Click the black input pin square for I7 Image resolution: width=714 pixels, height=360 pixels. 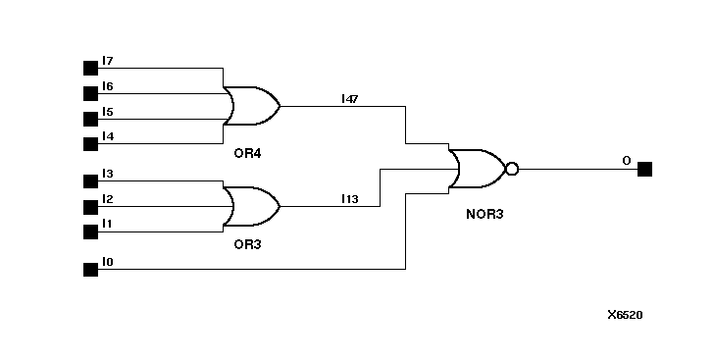90,69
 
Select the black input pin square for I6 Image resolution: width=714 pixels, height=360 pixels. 90,94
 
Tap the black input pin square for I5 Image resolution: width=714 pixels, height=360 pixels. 90,120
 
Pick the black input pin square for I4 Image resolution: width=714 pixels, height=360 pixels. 90,144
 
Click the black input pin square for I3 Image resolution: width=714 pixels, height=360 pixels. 90,181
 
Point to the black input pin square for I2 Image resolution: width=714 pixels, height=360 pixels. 90,207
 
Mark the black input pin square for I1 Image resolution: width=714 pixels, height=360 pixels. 90,231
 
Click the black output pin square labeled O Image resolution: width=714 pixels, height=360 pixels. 644,169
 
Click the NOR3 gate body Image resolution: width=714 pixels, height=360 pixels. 476,169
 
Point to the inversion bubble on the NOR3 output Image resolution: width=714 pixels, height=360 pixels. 511,169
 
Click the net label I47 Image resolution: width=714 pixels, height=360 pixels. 349,98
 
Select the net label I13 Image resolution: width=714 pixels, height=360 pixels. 349,199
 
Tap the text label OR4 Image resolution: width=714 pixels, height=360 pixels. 247,154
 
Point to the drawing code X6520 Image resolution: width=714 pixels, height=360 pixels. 625,315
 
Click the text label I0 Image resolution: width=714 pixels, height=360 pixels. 108,262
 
